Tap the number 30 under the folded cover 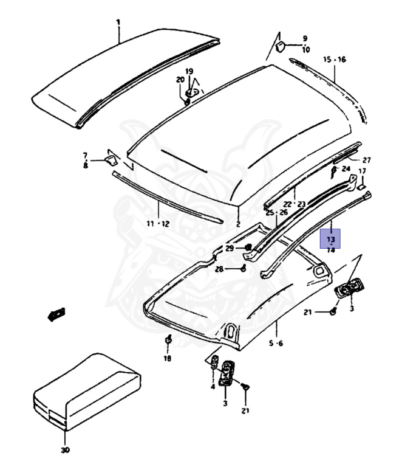click(x=65, y=450)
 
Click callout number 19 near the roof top click(x=189, y=71)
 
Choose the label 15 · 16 click(x=334, y=60)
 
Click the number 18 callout click(x=167, y=359)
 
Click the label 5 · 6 click(x=276, y=344)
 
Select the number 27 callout click(x=366, y=160)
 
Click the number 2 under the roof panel click(x=238, y=224)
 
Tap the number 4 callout click(x=213, y=386)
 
